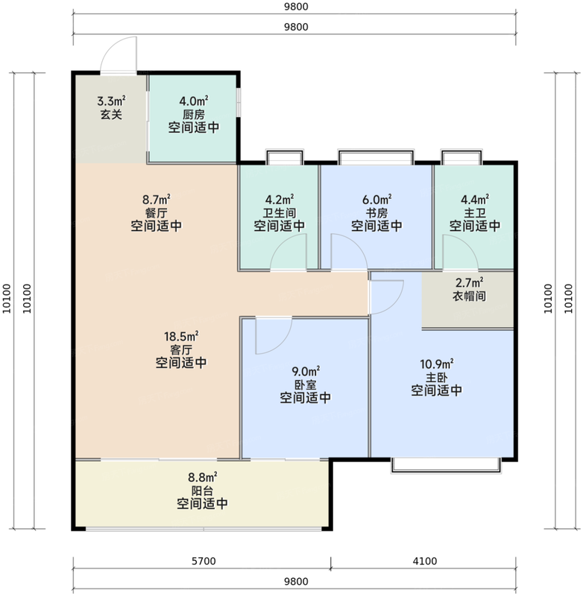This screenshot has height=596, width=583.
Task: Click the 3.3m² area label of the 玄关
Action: (x=111, y=101)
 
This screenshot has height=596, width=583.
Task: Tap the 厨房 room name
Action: (x=194, y=114)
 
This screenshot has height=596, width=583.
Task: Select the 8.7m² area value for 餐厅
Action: (x=157, y=199)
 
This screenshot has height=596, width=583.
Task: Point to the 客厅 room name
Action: (x=181, y=349)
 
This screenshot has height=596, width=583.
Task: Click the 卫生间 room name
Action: (x=279, y=212)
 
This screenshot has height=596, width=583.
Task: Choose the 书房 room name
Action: (x=376, y=212)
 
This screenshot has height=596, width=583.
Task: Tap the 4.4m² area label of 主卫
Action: (x=475, y=199)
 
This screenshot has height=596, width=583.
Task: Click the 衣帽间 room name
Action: (x=469, y=296)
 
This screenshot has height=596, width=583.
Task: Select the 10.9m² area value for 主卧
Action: (x=436, y=364)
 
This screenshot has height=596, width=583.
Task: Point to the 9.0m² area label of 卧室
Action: (x=306, y=370)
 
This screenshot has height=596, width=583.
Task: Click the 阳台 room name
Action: (x=202, y=490)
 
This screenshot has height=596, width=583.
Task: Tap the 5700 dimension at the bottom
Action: (x=204, y=561)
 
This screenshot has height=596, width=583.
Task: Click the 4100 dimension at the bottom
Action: (x=424, y=561)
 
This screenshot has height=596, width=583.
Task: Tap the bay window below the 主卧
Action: (x=446, y=465)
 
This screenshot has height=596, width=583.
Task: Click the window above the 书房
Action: (x=376, y=157)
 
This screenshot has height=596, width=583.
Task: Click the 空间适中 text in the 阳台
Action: (x=202, y=504)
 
